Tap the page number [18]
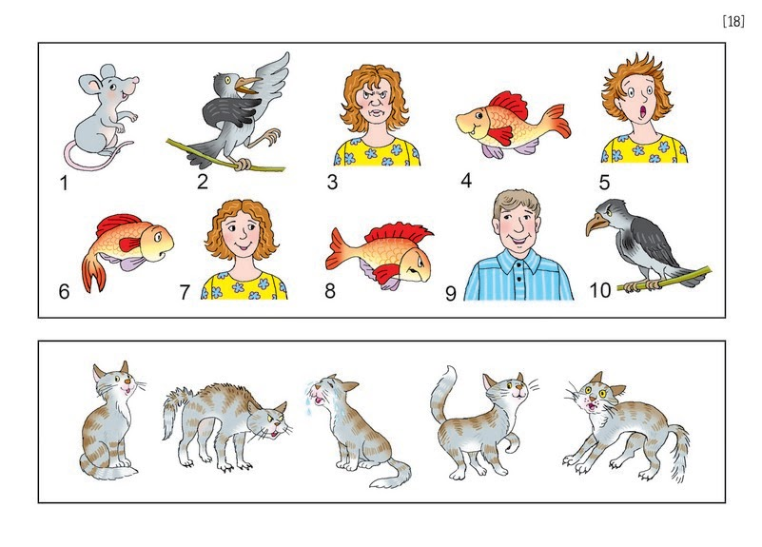tap(733, 21)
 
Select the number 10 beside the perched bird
tap(600, 290)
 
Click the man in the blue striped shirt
tap(518, 247)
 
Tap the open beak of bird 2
tap(247, 85)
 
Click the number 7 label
tap(185, 292)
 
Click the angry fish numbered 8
tap(379, 255)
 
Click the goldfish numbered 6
tap(127, 247)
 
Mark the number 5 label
tap(604, 183)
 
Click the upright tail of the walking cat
tap(441, 394)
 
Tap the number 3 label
tap(332, 182)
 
